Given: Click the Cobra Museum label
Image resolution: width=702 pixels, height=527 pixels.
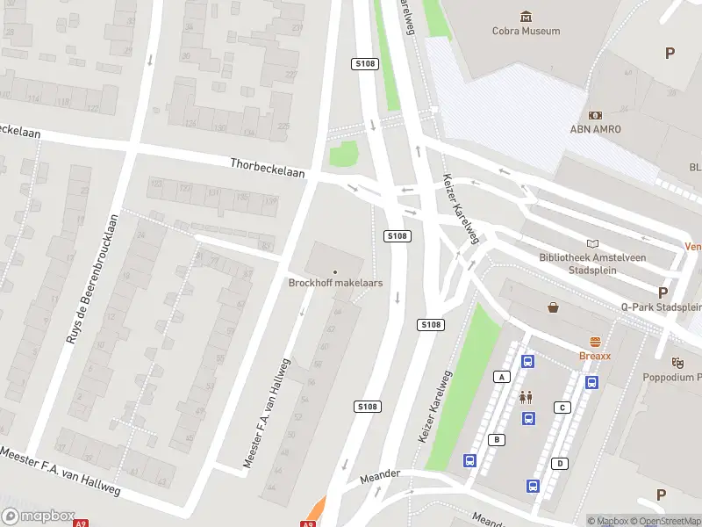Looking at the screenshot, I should (x=526, y=32).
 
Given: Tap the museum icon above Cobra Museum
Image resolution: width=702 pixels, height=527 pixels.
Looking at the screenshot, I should (x=526, y=16).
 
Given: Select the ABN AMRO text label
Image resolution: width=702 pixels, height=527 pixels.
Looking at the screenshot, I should (x=596, y=129).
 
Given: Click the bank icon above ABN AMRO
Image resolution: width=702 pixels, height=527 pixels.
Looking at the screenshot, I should (x=596, y=115).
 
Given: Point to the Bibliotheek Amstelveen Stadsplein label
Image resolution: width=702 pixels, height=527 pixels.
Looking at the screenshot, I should (x=593, y=263).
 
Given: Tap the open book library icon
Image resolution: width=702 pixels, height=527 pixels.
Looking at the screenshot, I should (x=593, y=243).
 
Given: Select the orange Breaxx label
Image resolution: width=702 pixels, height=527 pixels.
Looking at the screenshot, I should (x=595, y=357).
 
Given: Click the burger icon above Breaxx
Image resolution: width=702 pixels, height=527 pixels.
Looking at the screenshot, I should (x=595, y=342).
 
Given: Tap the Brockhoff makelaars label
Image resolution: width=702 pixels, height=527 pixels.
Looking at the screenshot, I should (x=334, y=283).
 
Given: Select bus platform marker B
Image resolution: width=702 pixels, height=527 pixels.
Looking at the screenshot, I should (x=497, y=439).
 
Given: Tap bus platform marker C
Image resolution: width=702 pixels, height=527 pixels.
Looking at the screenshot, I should (x=562, y=407).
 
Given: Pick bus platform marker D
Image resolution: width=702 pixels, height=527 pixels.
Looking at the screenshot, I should (x=560, y=463).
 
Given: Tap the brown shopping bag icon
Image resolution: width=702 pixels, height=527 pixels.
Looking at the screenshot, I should (x=554, y=307).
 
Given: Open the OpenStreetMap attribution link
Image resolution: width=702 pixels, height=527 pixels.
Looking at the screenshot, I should (x=663, y=521).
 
